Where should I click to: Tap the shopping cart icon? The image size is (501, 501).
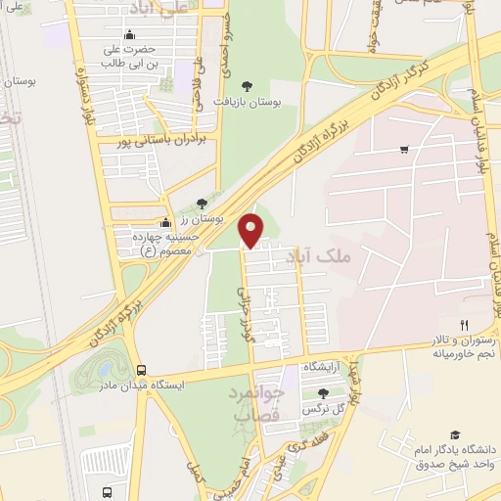tap(404, 150)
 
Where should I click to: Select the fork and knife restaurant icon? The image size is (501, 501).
tap(465, 326)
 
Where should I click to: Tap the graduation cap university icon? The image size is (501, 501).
tap(454, 435)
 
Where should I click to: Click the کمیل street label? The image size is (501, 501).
tap(200, 473)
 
